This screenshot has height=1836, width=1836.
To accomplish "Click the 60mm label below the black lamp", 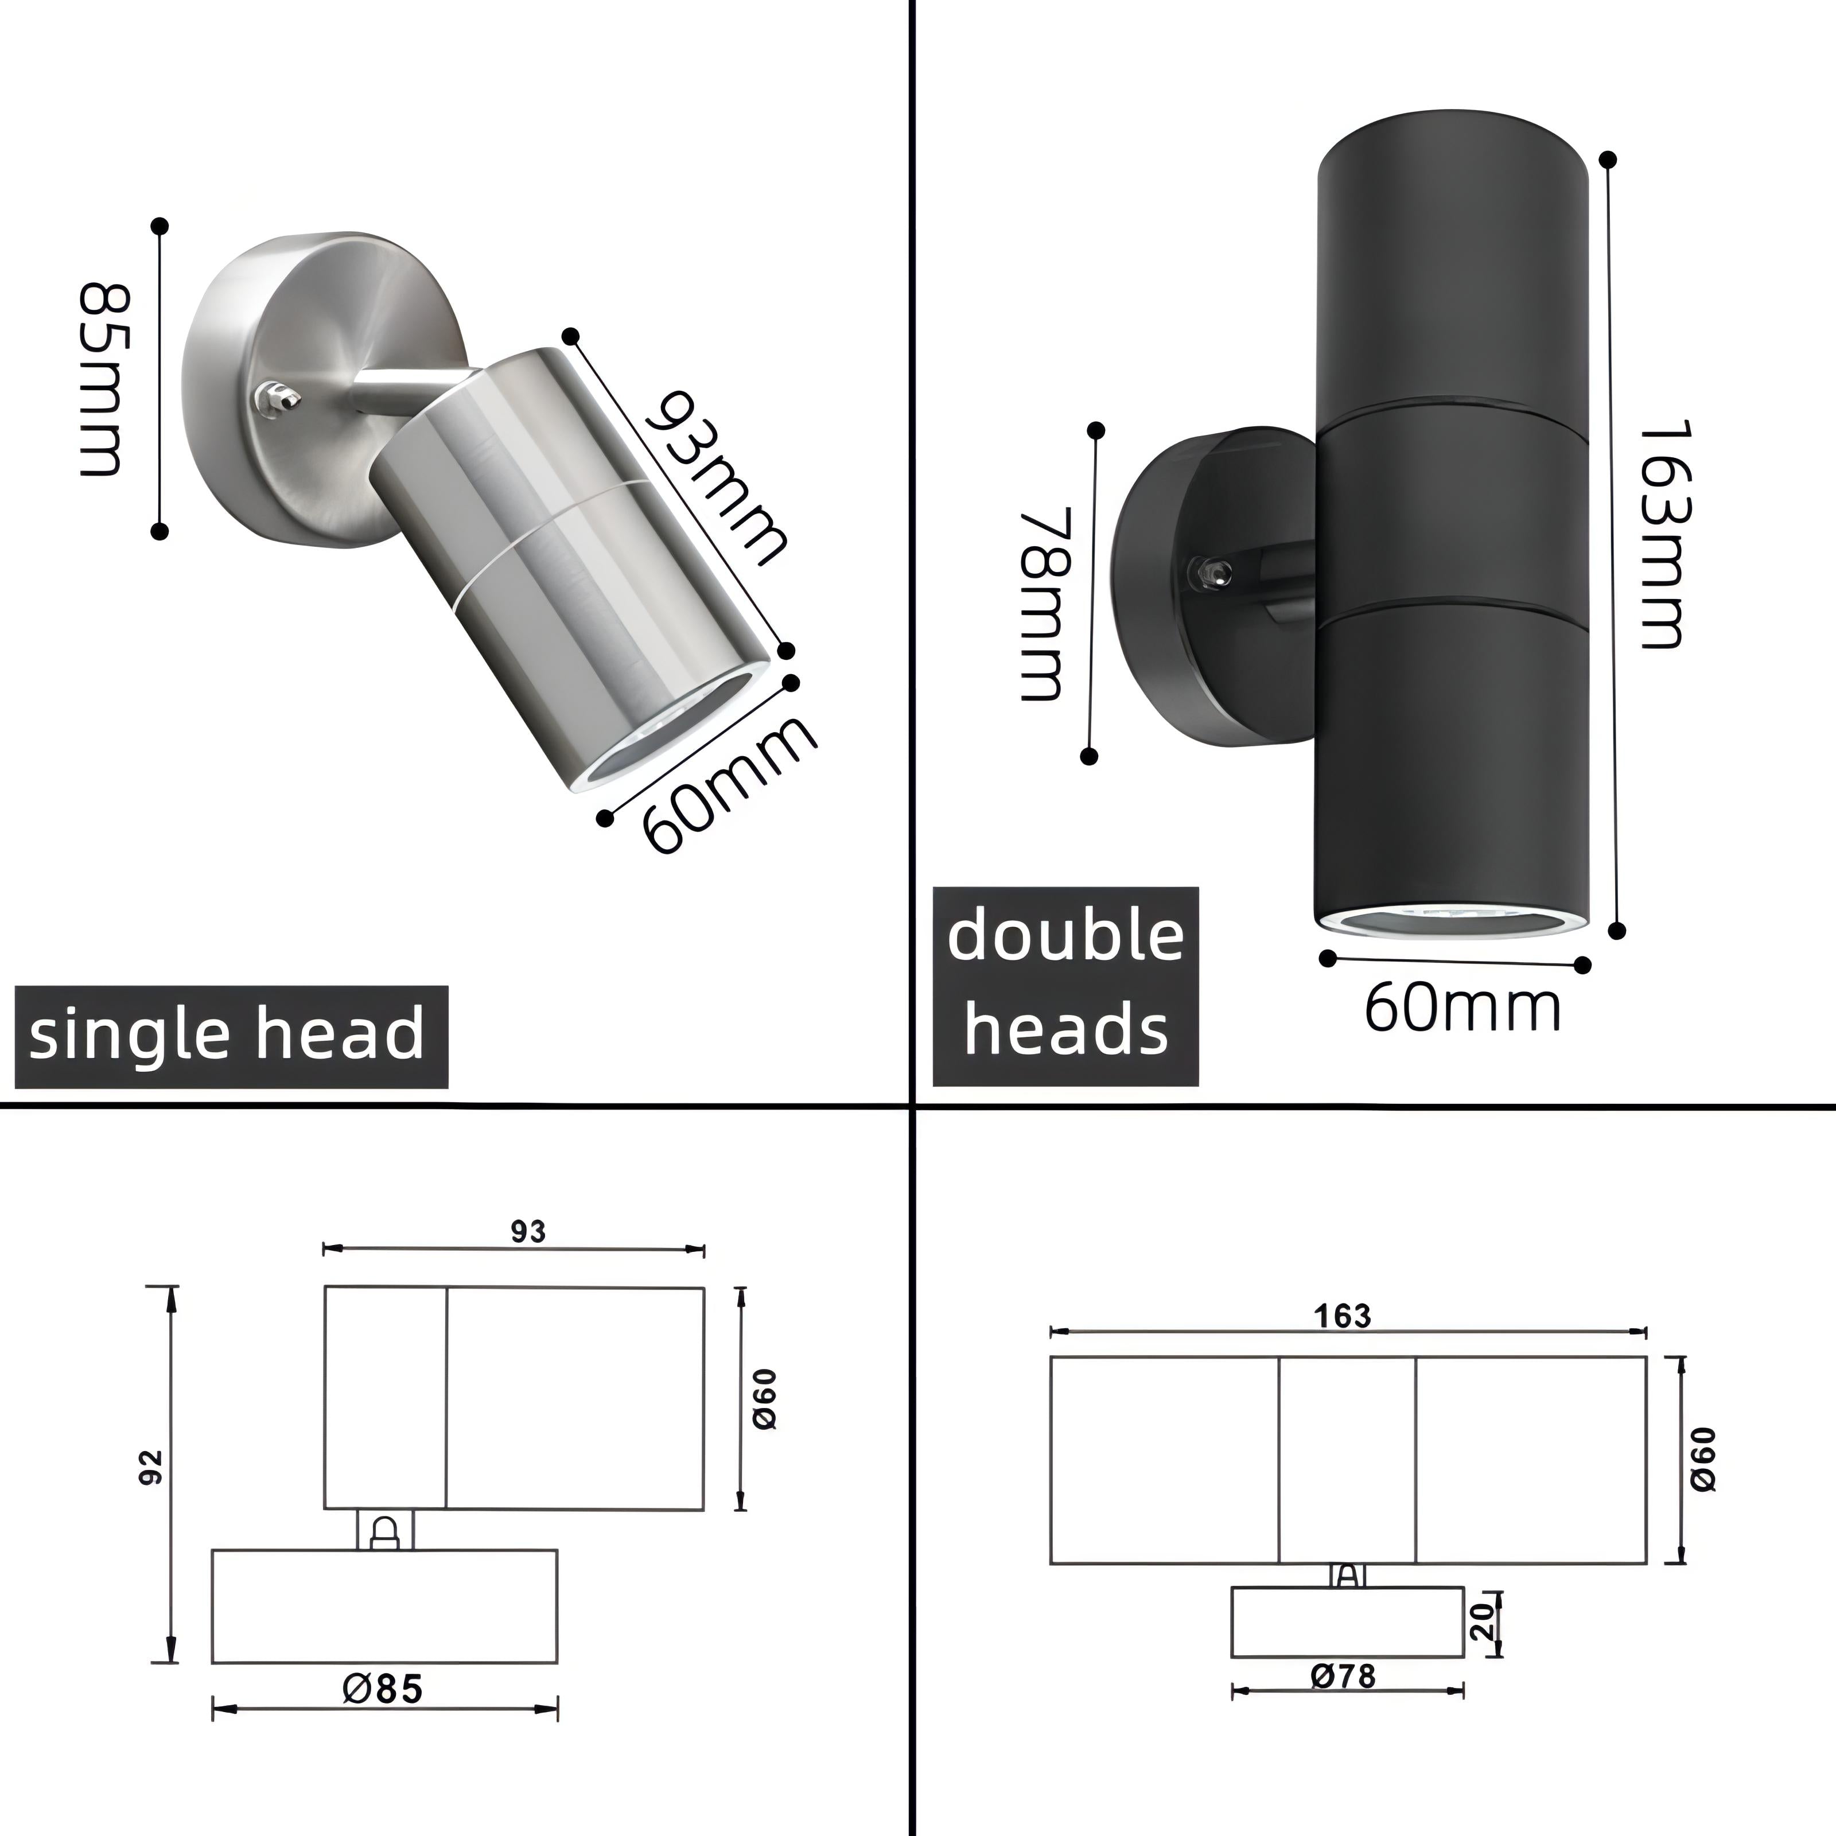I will pyautogui.click(x=1461, y=1009).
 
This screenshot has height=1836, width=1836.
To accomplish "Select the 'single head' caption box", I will pyautogui.click(x=230, y=1036).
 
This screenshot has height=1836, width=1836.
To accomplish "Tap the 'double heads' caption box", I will pyautogui.click(x=1065, y=986).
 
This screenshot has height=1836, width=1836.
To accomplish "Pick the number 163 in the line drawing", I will pyautogui.click(x=1343, y=1316).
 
